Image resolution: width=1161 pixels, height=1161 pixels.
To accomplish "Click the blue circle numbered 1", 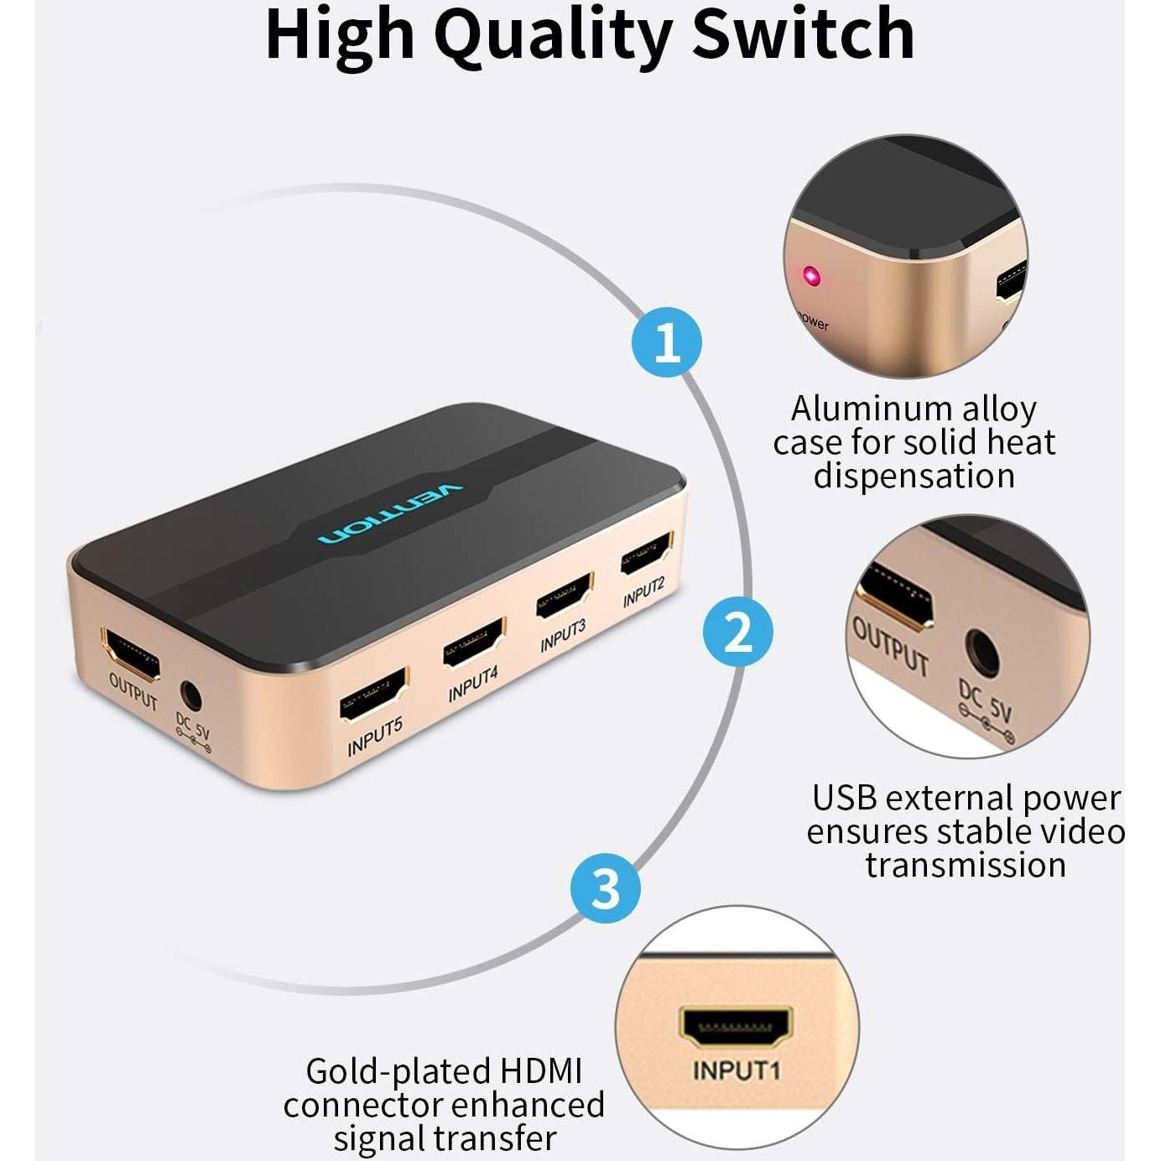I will point(667,342).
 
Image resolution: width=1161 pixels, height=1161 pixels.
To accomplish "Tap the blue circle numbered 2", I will point(737,631).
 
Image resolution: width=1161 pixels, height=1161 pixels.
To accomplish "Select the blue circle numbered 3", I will point(605,888).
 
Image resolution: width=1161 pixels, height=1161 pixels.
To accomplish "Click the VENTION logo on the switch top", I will point(391,513).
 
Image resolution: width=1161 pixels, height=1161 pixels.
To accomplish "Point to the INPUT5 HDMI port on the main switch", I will point(373,695).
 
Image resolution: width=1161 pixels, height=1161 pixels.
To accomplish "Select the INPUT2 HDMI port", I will point(646,554).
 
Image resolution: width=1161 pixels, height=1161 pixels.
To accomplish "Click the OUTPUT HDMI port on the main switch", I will point(131,653).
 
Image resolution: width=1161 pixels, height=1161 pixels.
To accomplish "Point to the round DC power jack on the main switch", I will point(191,695).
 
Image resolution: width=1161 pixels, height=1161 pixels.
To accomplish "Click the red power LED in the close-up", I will point(810,276).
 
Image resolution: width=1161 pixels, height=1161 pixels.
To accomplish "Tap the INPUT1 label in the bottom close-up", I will point(736,1070).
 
